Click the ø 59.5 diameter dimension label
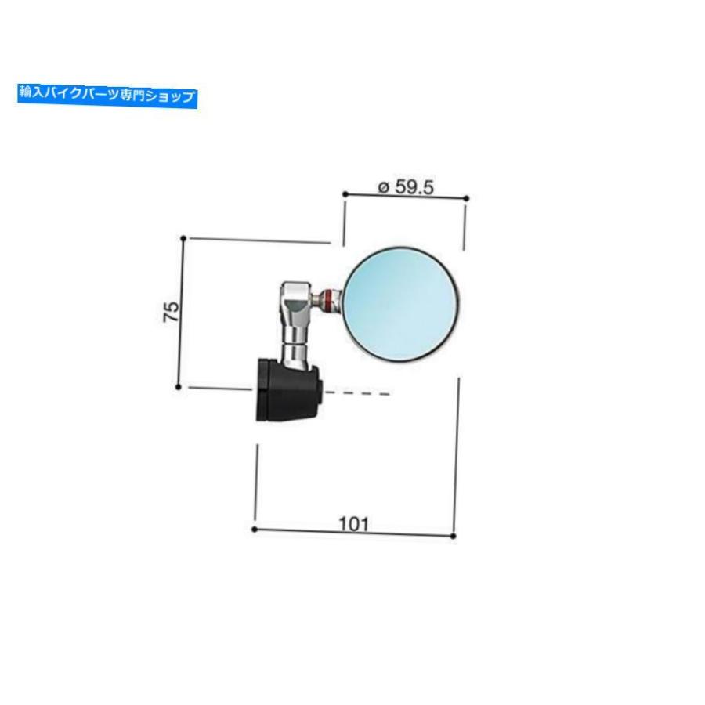pos(406,187)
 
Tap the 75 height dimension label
pos(172,312)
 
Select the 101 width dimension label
pos(353,524)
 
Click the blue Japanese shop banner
pos(107,96)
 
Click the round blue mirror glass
pos(402,304)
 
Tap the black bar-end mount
pos(287,389)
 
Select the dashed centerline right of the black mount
pos(358,393)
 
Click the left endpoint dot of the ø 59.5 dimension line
pos(345,194)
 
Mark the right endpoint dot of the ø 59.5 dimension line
pos(466,198)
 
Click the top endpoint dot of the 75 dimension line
pos(183,238)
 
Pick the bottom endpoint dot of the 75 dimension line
pos(178,387)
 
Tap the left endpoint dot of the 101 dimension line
pos(255,530)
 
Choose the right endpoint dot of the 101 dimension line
pos(454,536)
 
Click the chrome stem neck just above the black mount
pos(294,352)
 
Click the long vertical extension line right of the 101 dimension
pos(457,454)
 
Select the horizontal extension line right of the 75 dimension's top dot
pos(260,240)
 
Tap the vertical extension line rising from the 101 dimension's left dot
pos(256,483)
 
